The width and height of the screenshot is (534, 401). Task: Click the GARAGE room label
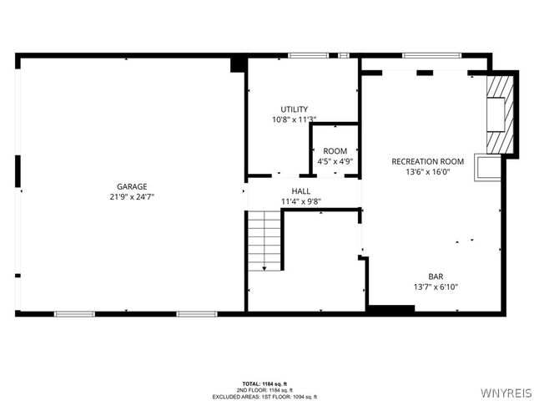point(132,186)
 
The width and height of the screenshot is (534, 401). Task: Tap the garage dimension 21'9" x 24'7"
point(132,196)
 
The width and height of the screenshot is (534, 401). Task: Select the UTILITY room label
point(294,109)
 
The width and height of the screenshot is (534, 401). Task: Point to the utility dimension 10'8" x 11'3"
point(294,119)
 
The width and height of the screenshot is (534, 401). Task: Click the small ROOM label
point(335,151)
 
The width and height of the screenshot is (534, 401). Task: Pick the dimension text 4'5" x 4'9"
point(335,161)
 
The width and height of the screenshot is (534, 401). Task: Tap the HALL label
point(301,191)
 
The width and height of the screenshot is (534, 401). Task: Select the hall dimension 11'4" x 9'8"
point(301,201)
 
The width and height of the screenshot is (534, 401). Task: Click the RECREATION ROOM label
point(427,161)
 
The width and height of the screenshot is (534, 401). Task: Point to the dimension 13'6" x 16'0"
point(427,171)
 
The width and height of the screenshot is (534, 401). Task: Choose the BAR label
point(436,277)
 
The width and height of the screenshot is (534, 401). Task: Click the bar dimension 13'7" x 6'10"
point(436,287)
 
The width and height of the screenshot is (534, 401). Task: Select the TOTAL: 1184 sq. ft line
point(262,382)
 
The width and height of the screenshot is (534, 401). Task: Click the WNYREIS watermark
point(506,389)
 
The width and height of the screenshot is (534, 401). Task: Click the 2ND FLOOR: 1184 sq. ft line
point(262,389)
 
